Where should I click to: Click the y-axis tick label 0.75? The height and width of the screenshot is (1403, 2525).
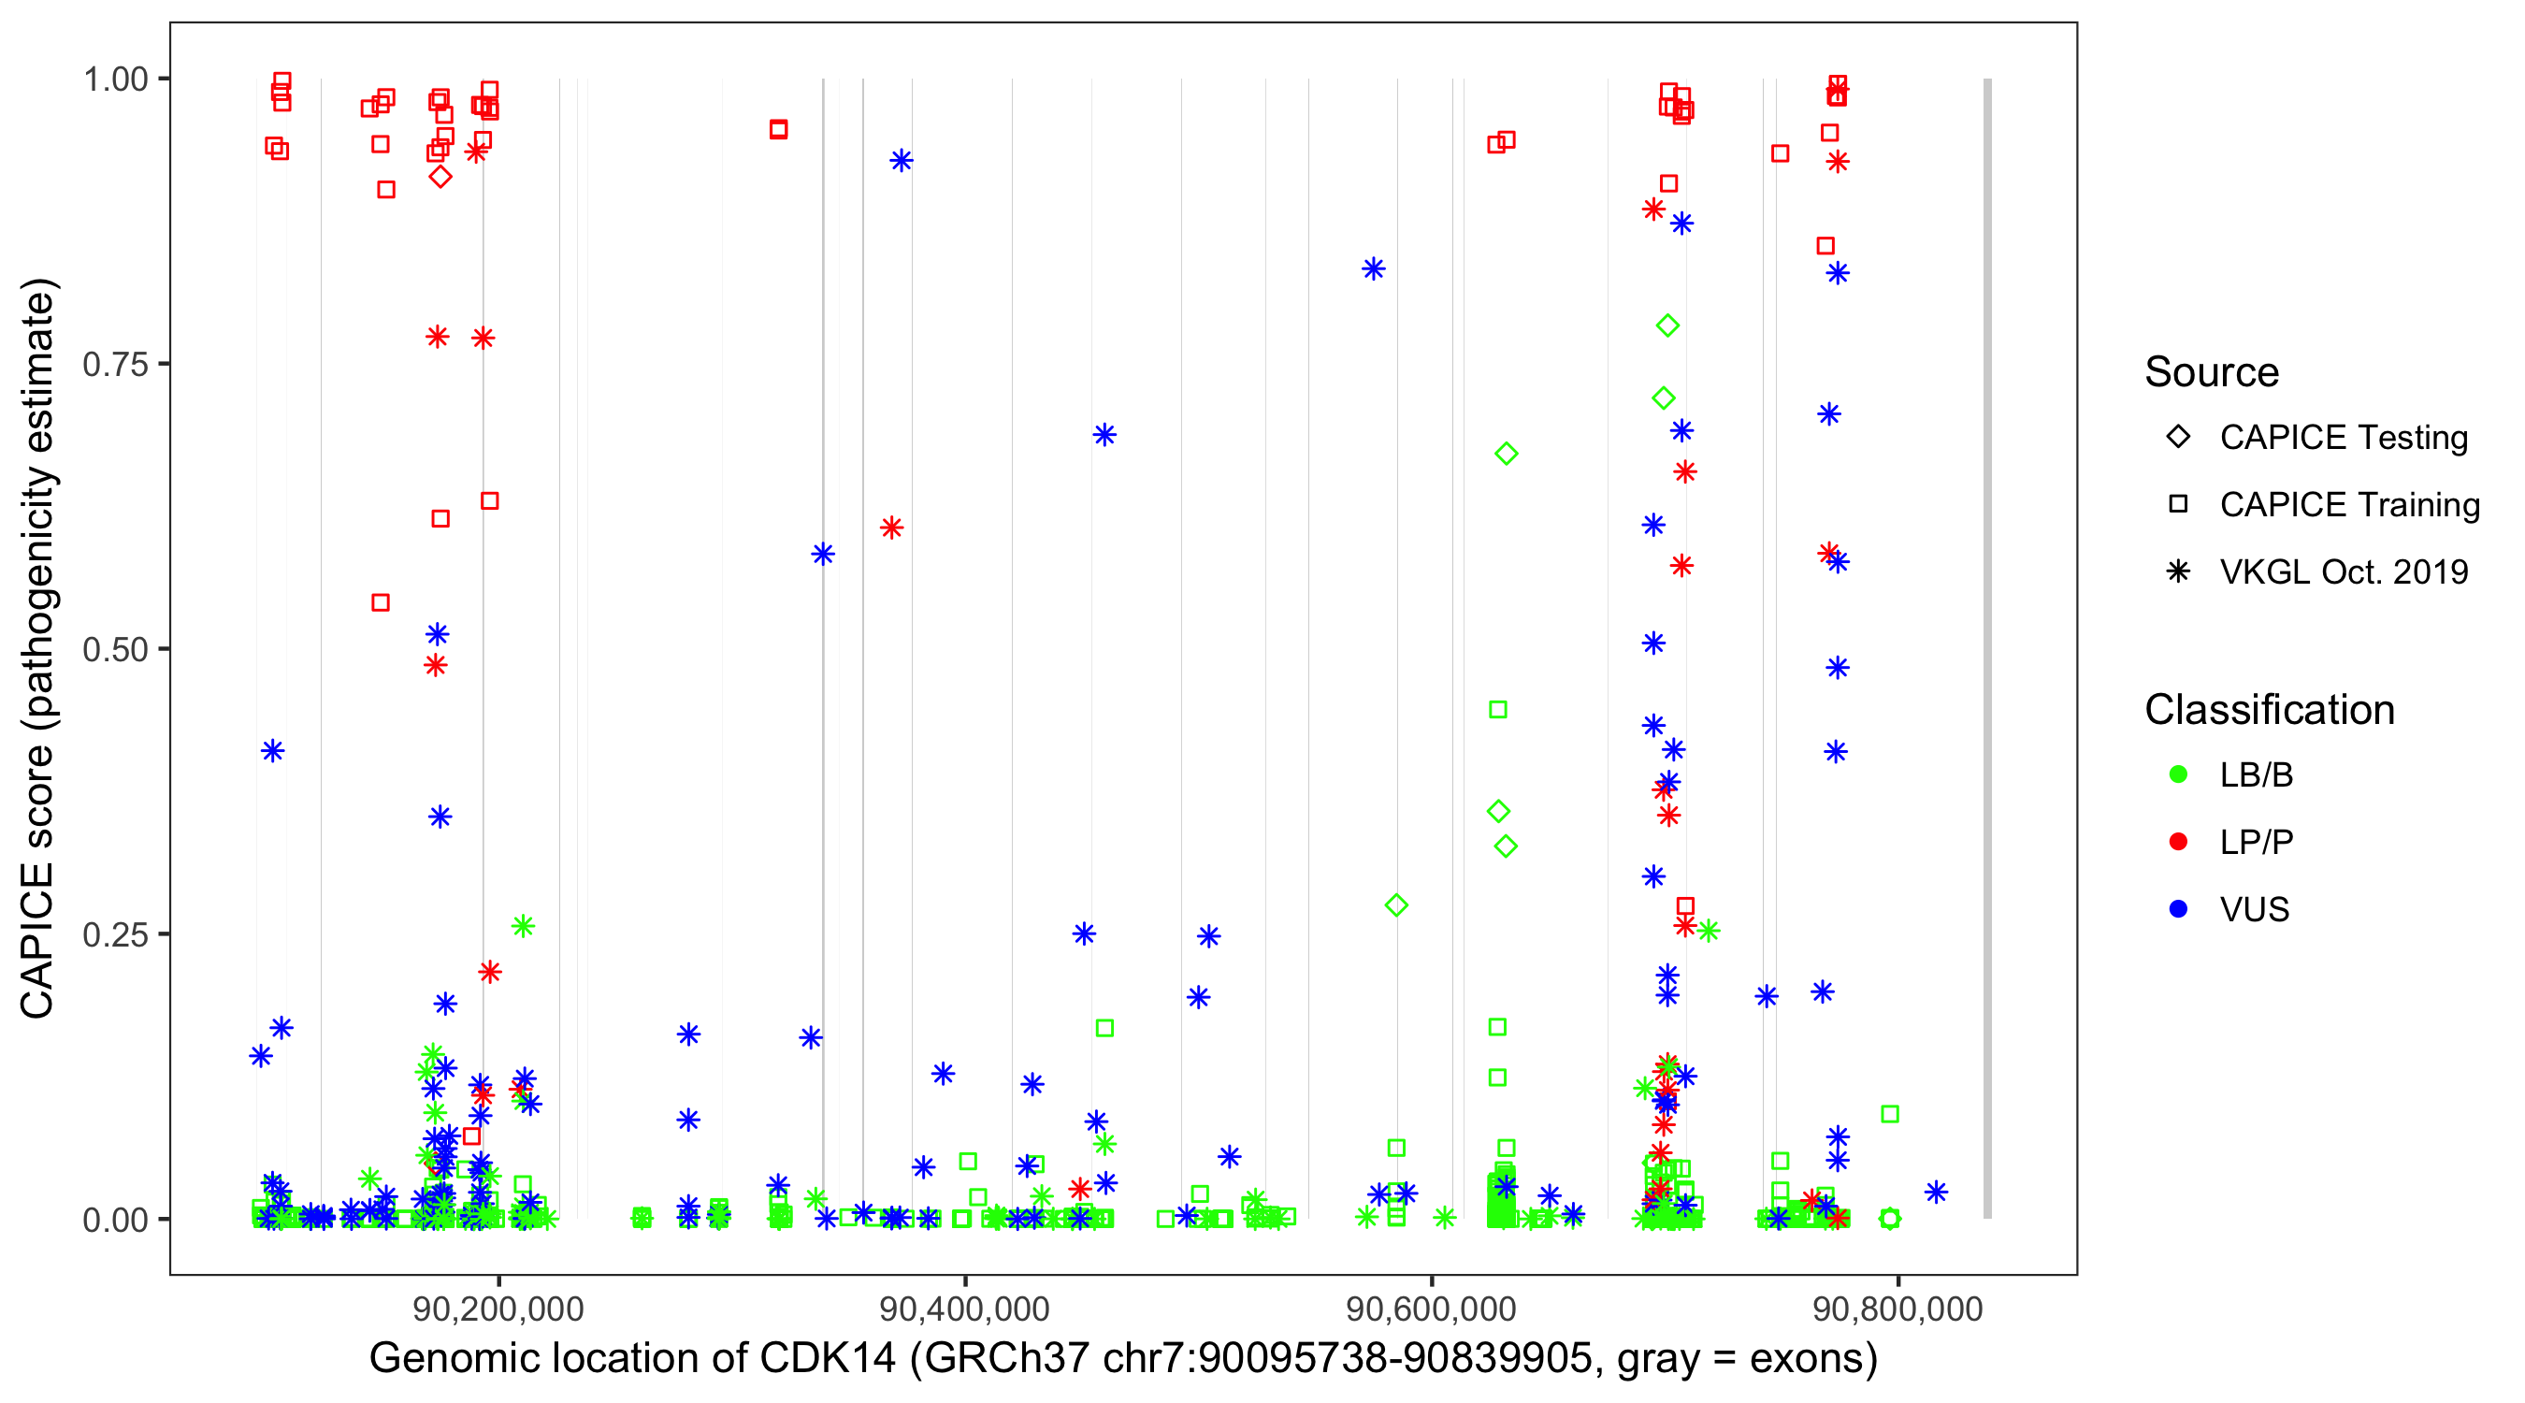tap(114, 365)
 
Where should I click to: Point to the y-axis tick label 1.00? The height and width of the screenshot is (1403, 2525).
tap(114, 80)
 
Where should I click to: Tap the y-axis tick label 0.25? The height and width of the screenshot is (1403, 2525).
tap(114, 934)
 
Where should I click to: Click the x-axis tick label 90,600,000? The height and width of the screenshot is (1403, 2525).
tap(1431, 1309)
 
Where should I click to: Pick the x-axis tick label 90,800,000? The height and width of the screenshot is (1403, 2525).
tap(1897, 1309)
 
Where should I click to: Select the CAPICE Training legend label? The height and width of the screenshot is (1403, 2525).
tap(2349, 505)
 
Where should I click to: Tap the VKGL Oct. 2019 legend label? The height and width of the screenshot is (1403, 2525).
tap(2344, 572)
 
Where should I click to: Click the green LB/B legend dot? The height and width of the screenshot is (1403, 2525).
tap(2178, 775)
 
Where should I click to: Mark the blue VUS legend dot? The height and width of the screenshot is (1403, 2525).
tap(2178, 910)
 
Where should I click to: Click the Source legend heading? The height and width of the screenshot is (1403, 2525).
tap(2212, 372)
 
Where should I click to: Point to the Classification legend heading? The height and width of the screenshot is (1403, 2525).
tap(2269, 710)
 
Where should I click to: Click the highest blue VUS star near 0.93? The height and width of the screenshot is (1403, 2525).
tap(901, 161)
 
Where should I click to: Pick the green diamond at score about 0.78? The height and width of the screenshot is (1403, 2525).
tap(1667, 325)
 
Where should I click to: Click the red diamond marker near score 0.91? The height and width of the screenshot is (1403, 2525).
tap(440, 178)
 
